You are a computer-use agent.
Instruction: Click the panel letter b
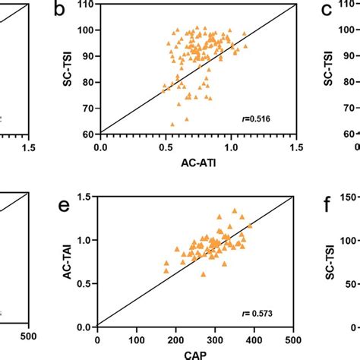coord(59,10)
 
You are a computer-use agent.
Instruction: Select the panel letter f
coord(327,204)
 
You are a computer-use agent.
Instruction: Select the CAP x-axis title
coord(196,354)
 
